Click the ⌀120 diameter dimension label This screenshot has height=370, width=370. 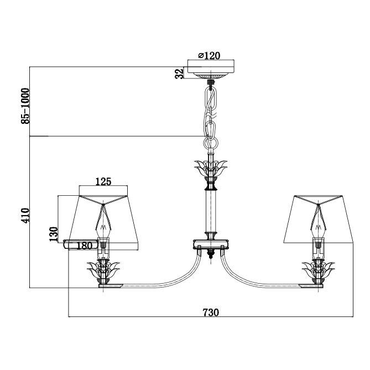pos(209,56)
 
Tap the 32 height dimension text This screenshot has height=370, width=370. pos(179,73)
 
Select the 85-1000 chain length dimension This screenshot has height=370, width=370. pos(25,106)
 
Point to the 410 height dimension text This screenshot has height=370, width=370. pos(25,215)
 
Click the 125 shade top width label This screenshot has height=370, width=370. pos(103,181)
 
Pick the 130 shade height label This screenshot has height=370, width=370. pos(54,234)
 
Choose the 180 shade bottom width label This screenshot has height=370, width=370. pos(84,246)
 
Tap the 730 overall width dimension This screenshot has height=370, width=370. pos(211,312)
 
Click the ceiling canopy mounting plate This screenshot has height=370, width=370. pos(211,69)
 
